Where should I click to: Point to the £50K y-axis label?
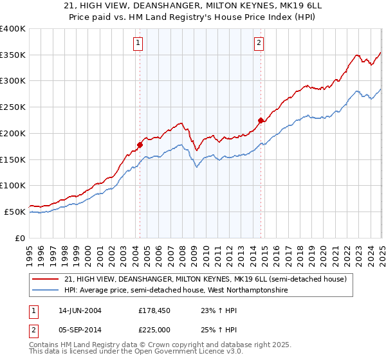14,212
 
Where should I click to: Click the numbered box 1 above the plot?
138,43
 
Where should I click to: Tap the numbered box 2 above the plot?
259,43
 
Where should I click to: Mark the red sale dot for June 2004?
140,145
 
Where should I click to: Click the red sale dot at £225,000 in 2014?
261,120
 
